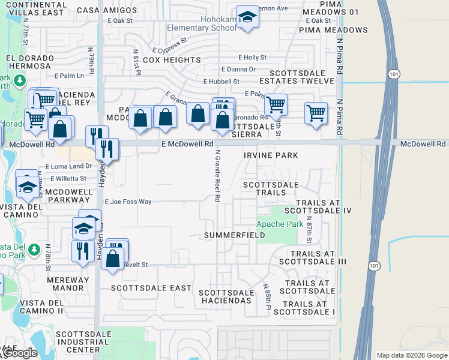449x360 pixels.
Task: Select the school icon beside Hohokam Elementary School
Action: click(247, 18)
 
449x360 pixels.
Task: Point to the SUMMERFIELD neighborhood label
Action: click(234, 235)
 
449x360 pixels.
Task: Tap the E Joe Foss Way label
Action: click(128, 202)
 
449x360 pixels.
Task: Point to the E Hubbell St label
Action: click(221, 82)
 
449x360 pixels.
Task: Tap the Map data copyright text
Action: click(411, 355)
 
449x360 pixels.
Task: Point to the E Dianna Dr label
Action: click(238, 70)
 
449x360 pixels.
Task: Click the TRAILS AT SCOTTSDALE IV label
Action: click(318, 207)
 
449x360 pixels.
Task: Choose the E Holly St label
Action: click(252, 58)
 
